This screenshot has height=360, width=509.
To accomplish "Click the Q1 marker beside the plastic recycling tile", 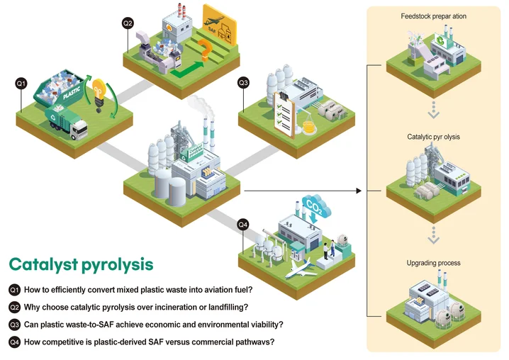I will point(21,84).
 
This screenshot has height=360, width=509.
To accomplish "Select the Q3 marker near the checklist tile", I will point(243,83).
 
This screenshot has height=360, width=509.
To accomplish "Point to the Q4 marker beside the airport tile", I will point(243,225).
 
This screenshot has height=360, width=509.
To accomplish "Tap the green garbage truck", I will point(67,121).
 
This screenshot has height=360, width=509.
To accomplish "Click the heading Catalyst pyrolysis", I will point(81,264).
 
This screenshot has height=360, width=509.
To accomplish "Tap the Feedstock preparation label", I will point(434,16).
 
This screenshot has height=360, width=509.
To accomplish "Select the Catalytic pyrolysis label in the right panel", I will point(434,136).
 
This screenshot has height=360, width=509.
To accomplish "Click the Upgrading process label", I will point(434,263).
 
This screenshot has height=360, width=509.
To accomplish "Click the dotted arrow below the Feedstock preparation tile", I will point(434,108).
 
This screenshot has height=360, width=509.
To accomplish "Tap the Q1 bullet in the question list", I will point(14,290).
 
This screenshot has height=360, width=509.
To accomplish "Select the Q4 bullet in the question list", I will point(14,342).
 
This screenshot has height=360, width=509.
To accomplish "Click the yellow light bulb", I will point(100,92).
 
